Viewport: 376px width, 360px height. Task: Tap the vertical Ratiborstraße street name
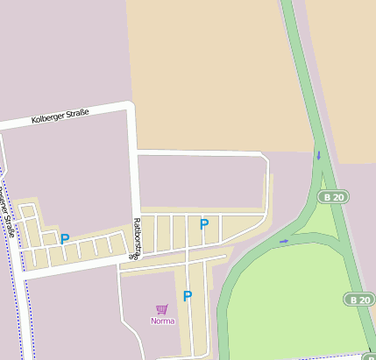point(136,239)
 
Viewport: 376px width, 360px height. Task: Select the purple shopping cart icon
point(161,309)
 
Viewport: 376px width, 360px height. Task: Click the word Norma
point(162,321)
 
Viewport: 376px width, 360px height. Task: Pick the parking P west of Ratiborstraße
point(65,238)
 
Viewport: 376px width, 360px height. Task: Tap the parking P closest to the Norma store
point(187,296)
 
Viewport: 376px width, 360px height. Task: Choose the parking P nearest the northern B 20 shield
point(204,224)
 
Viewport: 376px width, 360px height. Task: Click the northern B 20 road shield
point(333,197)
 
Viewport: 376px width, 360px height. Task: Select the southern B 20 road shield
point(358,300)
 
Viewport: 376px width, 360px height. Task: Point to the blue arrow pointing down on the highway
point(318,156)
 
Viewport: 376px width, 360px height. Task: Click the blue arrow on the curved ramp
point(283,239)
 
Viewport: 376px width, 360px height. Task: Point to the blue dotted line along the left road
point(18,298)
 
